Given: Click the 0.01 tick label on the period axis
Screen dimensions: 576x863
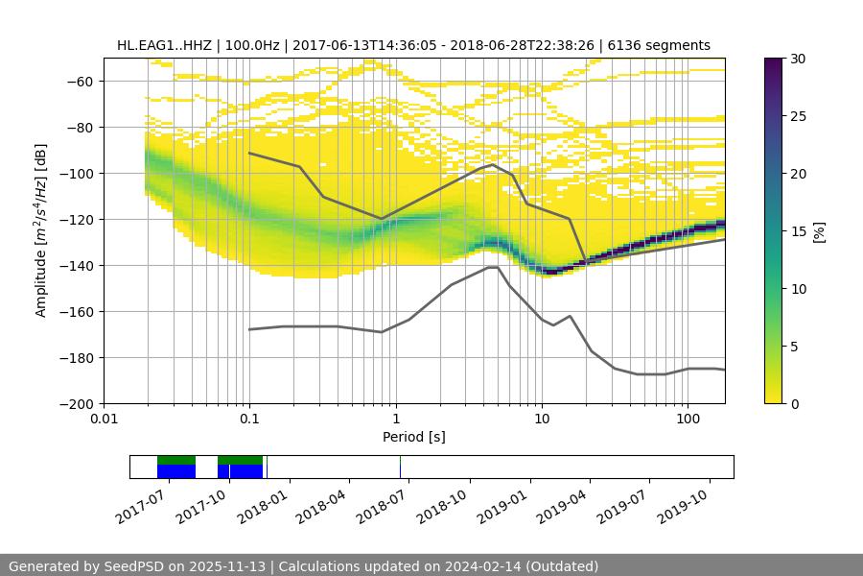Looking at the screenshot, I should click(x=104, y=420).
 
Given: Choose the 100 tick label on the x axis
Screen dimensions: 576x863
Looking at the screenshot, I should click(x=688, y=420).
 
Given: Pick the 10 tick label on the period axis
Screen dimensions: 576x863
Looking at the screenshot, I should click(x=542, y=420).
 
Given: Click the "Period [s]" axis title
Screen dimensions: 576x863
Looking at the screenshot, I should click(x=413, y=437).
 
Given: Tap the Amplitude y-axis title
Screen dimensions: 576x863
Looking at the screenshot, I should click(x=40, y=230).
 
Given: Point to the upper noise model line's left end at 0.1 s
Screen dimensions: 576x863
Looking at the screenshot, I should click(x=249, y=153).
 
